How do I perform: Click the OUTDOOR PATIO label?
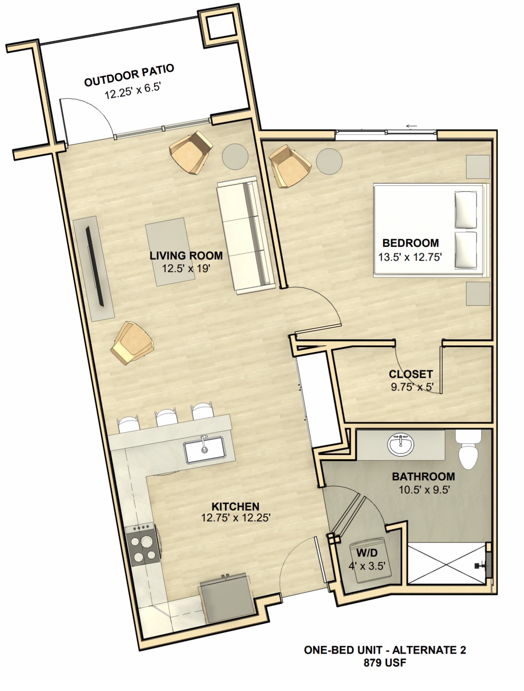click(x=129, y=75)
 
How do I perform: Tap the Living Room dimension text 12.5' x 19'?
click(x=186, y=268)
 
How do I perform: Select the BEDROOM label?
click(x=410, y=243)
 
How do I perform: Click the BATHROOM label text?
click(x=423, y=476)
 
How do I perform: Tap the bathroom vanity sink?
click(x=401, y=444)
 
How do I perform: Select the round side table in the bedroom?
click(x=329, y=161)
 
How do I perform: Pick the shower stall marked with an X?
click(x=447, y=563)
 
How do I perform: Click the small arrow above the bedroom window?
click(x=411, y=126)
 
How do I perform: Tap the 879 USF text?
click(x=385, y=662)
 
